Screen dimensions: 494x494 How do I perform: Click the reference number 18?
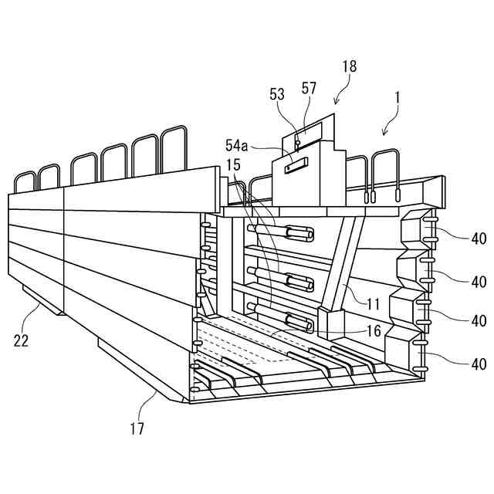click(x=349, y=67)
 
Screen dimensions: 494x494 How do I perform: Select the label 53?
click(x=277, y=94)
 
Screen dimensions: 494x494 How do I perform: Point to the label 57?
click(x=309, y=89)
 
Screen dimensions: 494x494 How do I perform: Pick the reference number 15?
click(x=233, y=164)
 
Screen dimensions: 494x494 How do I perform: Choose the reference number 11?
click(x=374, y=305)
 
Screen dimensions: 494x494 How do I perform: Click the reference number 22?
click(x=21, y=340)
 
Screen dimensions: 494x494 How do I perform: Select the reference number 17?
click(x=136, y=426)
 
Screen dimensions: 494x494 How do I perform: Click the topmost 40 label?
click(x=479, y=239)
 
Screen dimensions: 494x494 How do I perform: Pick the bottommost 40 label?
click(x=479, y=364)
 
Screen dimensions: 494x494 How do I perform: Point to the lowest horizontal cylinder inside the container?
click(x=293, y=320)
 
